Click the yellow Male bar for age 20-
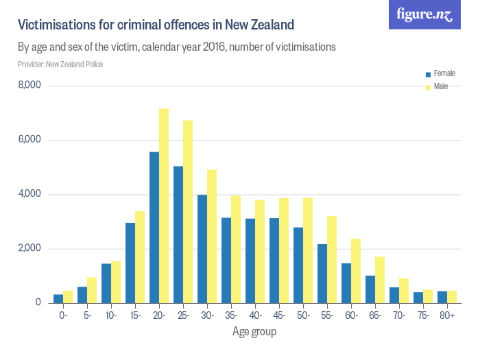point(164,206)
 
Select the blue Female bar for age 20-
point(154,227)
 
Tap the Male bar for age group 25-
point(188,211)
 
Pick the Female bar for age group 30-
point(202,248)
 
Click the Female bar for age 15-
point(130,263)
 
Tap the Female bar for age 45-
point(274,260)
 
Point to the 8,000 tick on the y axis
point(29,86)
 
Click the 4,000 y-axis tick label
point(29,194)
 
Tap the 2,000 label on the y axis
point(29,248)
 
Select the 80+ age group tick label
point(447,315)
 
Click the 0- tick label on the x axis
point(63,315)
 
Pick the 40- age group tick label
point(255,315)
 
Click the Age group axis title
point(254,333)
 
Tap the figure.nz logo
point(424,14)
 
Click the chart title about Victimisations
point(156,25)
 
